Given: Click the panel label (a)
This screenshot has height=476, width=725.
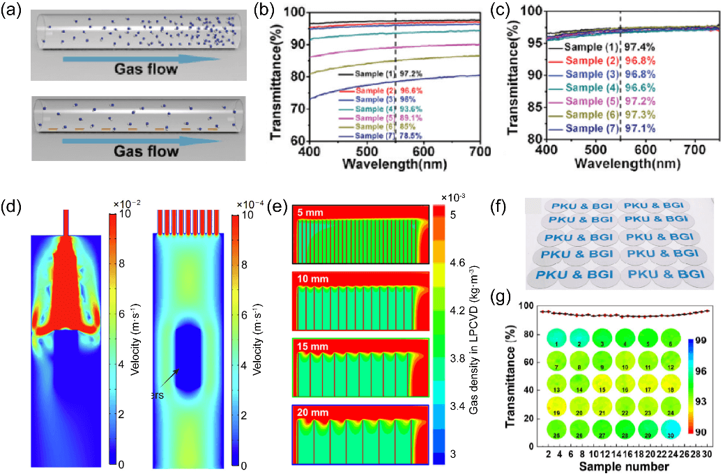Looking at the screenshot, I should tap(13, 12).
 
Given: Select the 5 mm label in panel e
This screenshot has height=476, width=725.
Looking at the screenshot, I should tap(313, 212).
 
